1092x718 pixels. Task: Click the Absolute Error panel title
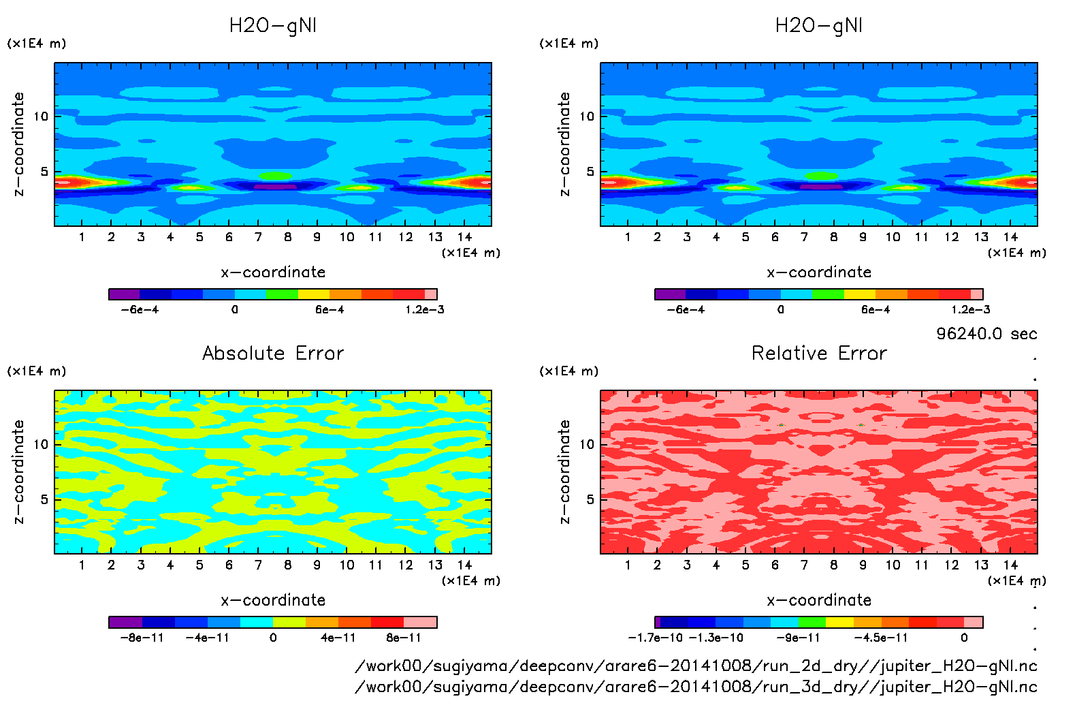(273, 353)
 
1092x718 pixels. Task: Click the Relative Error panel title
(819, 353)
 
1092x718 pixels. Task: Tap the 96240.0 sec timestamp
(986, 334)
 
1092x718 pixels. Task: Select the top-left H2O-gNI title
(273, 26)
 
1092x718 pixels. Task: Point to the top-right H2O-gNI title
(819, 26)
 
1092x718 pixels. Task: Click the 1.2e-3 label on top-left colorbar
(425, 310)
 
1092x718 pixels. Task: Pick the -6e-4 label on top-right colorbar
(686, 310)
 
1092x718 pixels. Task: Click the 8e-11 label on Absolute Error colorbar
(404, 638)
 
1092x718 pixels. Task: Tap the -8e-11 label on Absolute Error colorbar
(142, 638)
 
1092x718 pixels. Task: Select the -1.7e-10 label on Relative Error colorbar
(655, 638)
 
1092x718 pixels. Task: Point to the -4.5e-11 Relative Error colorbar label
(881, 638)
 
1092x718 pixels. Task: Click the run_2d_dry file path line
(696, 666)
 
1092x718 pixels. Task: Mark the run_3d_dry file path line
(696, 687)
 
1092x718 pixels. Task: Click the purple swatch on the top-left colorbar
(124, 294)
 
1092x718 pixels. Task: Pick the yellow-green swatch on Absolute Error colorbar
(289, 622)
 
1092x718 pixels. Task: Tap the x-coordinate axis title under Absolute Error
(273, 600)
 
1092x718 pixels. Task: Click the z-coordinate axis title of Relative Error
(564, 471)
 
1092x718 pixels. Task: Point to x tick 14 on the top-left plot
(464, 237)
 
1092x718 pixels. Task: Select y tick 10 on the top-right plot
(587, 116)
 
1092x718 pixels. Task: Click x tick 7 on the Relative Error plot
(804, 565)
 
